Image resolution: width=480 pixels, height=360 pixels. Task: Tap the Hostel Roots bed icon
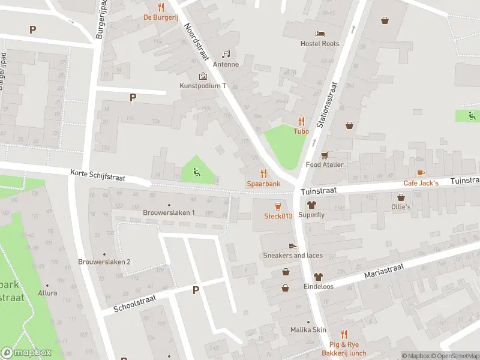click(320, 33)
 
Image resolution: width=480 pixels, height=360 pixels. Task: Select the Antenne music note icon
click(226, 54)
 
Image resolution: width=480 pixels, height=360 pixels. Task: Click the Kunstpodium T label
click(203, 86)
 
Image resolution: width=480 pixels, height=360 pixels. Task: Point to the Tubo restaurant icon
click(301, 121)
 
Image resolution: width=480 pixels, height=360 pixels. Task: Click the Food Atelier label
click(325, 164)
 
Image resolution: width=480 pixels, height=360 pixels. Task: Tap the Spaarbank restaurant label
click(263, 184)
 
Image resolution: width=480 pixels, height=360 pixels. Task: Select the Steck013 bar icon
click(278, 206)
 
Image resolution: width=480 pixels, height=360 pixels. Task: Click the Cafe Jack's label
click(421, 183)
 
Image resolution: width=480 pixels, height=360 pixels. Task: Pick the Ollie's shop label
click(401, 206)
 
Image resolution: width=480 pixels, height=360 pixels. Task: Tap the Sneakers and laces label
click(293, 256)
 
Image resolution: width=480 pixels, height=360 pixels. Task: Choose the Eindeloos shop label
click(318, 287)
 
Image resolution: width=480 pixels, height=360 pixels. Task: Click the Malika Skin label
click(308, 330)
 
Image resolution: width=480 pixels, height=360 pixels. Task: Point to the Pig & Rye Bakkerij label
click(347, 349)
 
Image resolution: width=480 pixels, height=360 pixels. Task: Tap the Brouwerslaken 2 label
click(104, 262)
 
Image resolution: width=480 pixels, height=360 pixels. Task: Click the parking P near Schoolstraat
click(195, 290)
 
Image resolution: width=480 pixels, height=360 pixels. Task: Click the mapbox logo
click(26, 353)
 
